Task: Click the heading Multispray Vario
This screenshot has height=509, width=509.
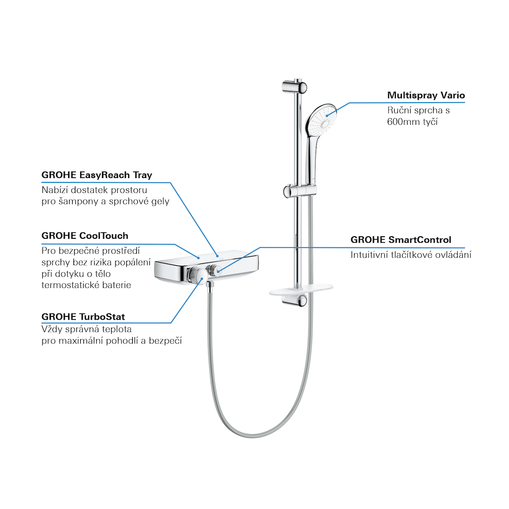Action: click(x=426, y=95)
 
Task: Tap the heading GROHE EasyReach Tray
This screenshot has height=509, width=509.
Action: click(x=97, y=175)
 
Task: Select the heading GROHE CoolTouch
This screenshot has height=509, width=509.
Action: click(x=85, y=236)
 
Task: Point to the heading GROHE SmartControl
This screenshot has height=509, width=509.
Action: click(x=400, y=240)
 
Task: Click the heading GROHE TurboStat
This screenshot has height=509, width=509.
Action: click(x=83, y=317)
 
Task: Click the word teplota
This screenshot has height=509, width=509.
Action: click(x=116, y=329)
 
